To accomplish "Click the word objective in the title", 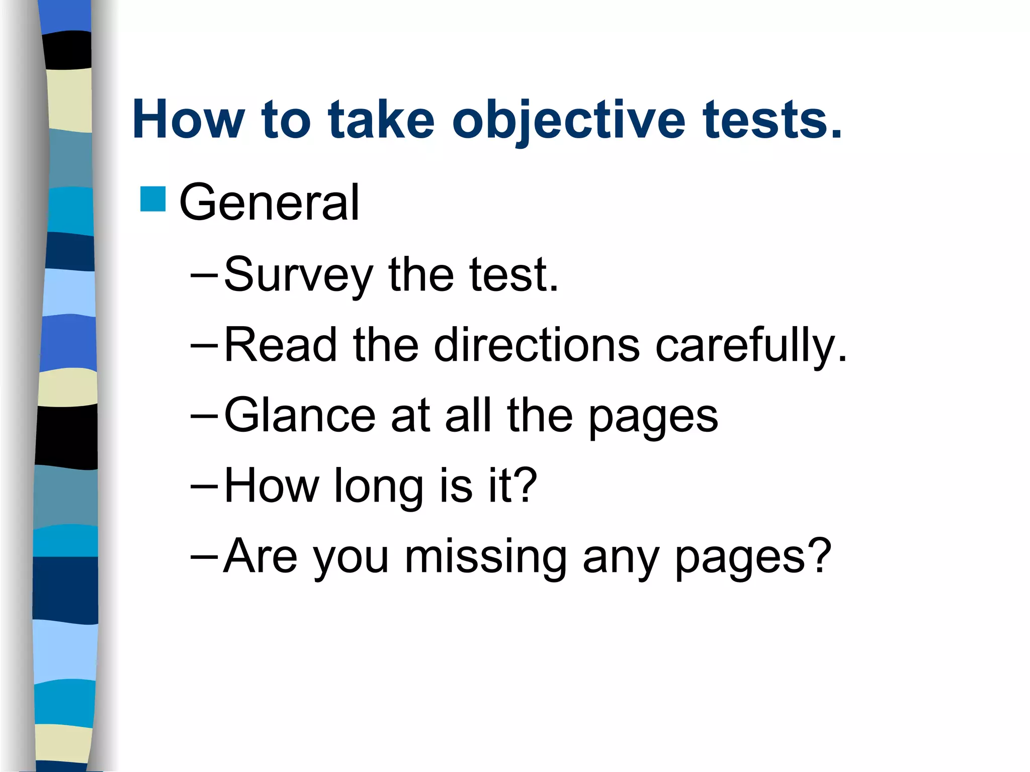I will click(568, 121).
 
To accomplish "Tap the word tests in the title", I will click(771, 121).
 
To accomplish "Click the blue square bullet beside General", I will click(153, 199).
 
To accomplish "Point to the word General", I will click(270, 202).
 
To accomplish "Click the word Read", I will click(280, 345).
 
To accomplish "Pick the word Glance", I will click(300, 415).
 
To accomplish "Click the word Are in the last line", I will click(261, 556).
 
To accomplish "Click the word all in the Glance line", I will click(468, 415).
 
